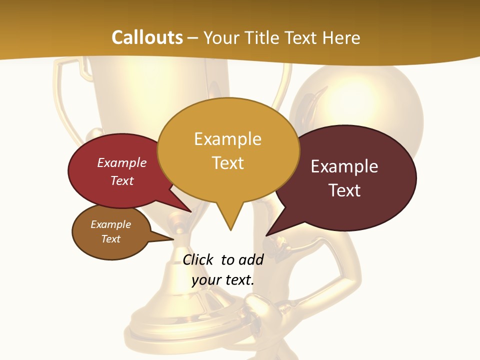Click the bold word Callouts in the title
pos(147,37)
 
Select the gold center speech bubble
pos(228,150)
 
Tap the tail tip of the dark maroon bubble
pos(267,235)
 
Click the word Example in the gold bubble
pos(227,138)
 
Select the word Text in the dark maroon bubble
pos(344,190)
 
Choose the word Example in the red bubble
pos(122,162)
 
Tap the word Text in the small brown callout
pos(111,239)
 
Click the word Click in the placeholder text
pos(198,259)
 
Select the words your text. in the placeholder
pos(222,280)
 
